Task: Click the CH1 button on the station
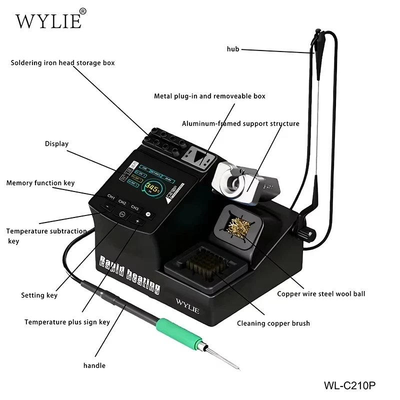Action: point(111,197)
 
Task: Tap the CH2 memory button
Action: point(122,202)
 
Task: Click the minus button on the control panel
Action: point(107,206)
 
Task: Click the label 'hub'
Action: point(233,49)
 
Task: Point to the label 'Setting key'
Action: point(39,295)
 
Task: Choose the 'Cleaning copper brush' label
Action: point(273,323)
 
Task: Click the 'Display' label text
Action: point(56,144)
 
